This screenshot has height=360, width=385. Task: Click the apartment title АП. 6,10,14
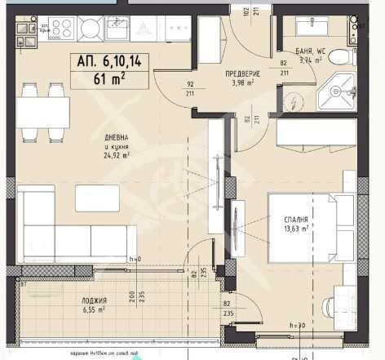108,61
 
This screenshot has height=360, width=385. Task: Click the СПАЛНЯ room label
296,220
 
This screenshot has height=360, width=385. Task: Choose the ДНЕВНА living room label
116,137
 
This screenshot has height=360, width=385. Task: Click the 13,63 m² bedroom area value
296,229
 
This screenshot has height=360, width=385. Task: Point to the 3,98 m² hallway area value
241,82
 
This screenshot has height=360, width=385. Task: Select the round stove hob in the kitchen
89,29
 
